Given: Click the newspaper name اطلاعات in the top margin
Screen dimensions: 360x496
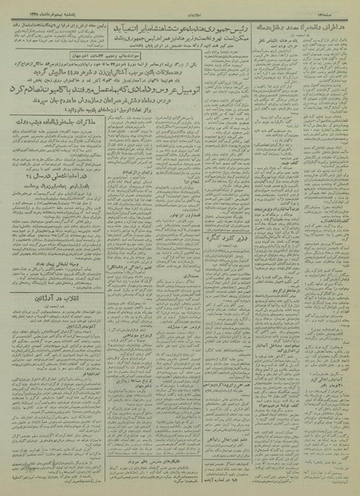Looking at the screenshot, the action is [180, 6].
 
